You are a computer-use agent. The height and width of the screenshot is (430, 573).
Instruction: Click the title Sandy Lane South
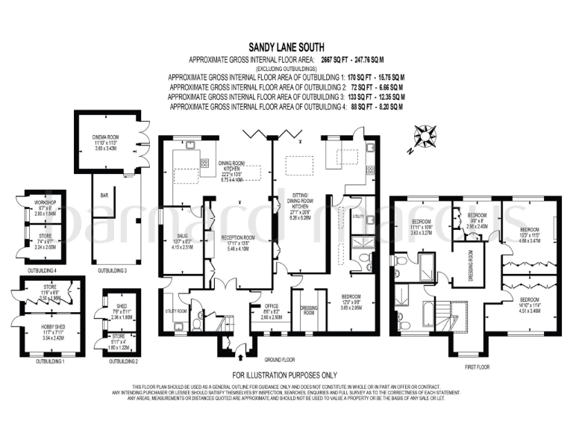(286, 46)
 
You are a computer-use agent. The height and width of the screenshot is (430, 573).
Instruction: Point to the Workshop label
(36, 202)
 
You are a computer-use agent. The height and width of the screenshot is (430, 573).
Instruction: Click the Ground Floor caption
(275, 358)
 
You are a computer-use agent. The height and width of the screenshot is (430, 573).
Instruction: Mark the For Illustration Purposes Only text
(285, 375)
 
